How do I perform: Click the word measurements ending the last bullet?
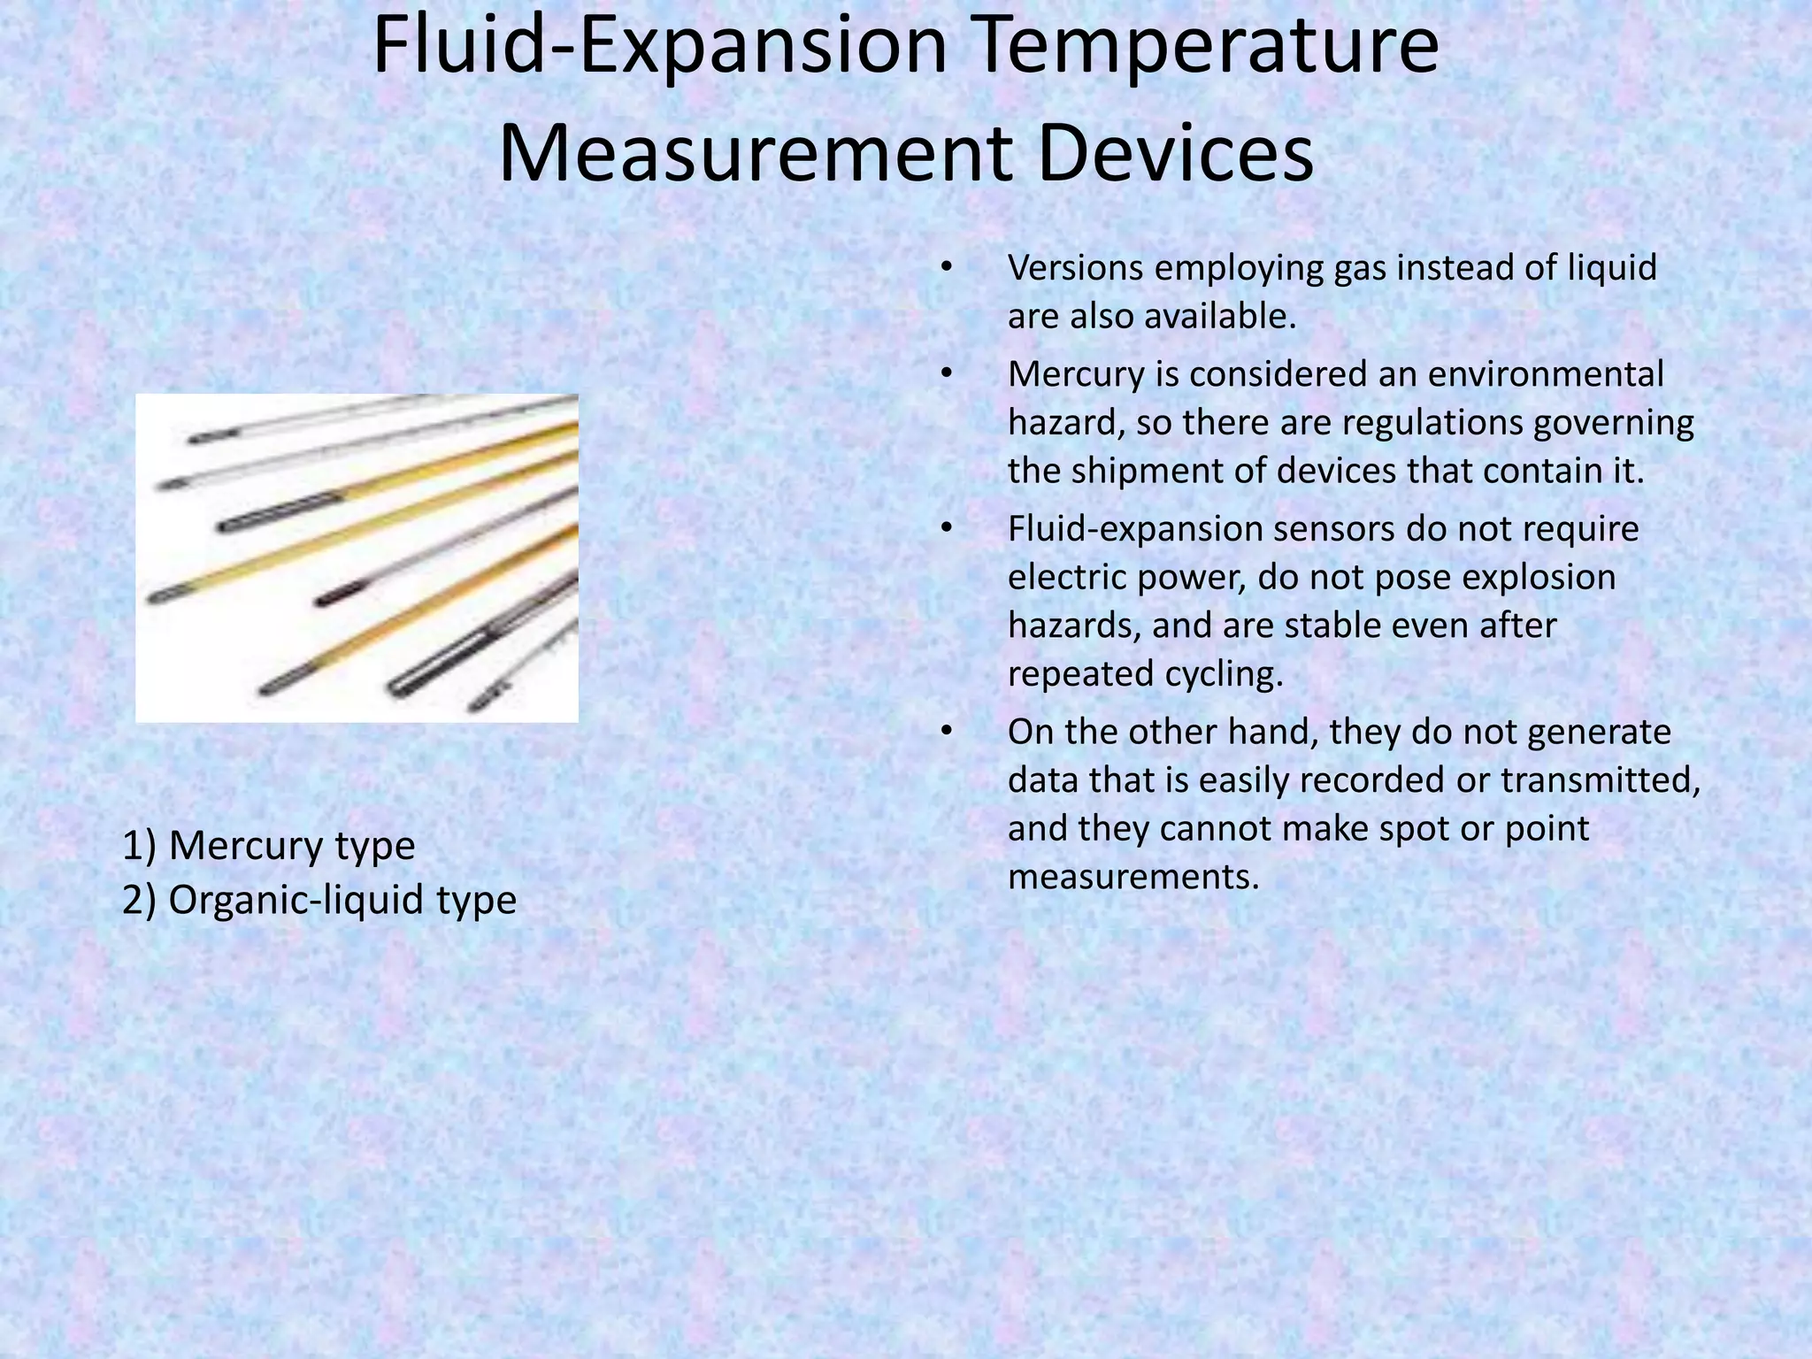pyautogui.click(x=1132, y=877)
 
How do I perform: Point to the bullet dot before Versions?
pyautogui.click(x=946, y=267)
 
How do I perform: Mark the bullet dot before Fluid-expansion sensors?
pyautogui.click(x=946, y=529)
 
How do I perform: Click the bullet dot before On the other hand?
pyautogui.click(x=946, y=732)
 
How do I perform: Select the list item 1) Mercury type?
pyautogui.click(x=268, y=846)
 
